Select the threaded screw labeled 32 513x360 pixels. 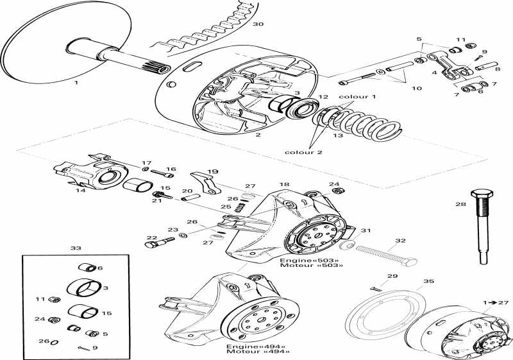point(385,254)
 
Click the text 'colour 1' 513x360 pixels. point(357,97)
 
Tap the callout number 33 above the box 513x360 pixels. point(76,248)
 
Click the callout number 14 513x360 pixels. point(81,191)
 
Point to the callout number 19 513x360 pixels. point(213,172)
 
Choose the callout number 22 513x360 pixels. point(151,238)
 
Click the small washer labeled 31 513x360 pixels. point(345,246)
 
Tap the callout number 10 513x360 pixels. point(416,89)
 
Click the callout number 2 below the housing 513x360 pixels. point(258,136)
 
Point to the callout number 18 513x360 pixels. point(285,185)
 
